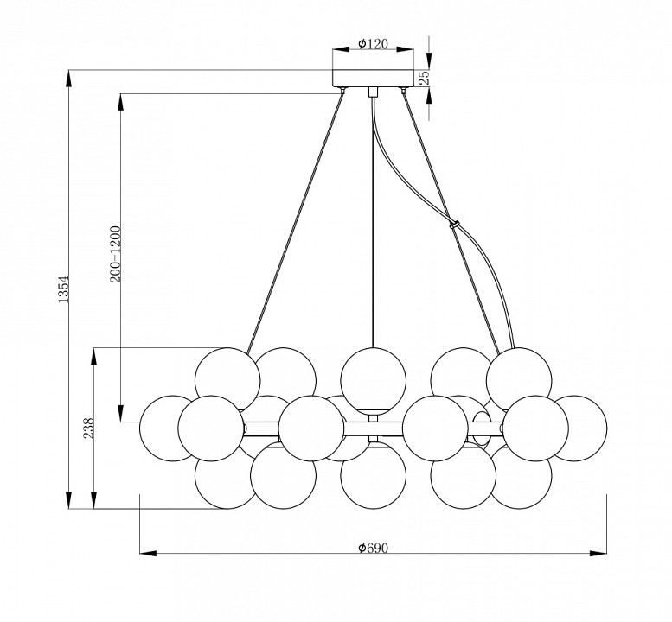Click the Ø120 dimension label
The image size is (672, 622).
(x=374, y=44)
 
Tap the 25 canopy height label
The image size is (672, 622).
(x=423, y=78)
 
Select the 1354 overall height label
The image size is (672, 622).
(x=63, y=289)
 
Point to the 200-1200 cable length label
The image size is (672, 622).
(x=116, y=254)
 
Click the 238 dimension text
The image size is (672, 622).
(x=89, y=428)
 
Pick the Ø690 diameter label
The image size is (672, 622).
(x=374, y=548)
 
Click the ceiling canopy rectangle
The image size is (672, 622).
(x=374, y=78)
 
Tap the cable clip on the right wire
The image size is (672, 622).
(x=454, y=225)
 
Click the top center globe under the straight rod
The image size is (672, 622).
(x=374, y=380)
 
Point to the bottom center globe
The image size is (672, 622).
(x=374, y=476)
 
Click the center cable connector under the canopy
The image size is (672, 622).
(x=374, y=92)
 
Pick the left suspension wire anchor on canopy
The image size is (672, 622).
(x=342, y=90)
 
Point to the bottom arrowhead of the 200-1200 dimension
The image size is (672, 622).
(x=121, y=414)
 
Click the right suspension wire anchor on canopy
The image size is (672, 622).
(x=403, y=90)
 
